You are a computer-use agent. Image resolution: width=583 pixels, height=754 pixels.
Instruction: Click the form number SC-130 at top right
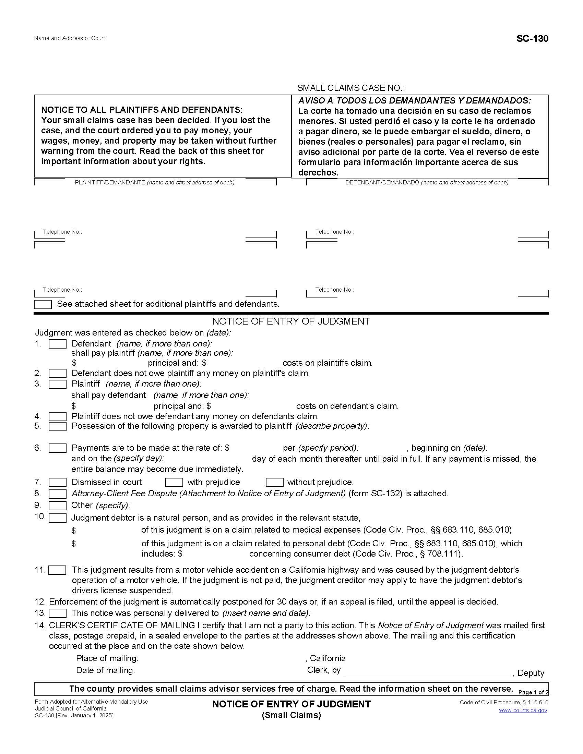tap(532, 38)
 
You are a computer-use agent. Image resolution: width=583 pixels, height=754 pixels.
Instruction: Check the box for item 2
tap(57, 374)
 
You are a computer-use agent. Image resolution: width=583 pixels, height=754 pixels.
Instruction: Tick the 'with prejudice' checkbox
tap(174, 482)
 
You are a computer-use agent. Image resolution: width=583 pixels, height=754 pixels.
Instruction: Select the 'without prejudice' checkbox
tap(274, 482)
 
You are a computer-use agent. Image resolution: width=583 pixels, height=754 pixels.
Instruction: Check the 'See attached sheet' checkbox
tap(43, 304)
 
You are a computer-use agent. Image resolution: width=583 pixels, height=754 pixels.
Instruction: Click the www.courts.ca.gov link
tap(523, 710)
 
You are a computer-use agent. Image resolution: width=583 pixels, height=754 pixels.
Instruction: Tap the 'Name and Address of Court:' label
tap(70, 38)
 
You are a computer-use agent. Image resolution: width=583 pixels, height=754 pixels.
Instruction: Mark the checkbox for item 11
tap(57, 570)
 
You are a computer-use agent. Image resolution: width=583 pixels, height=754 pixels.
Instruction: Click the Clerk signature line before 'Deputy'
tap(427, 671)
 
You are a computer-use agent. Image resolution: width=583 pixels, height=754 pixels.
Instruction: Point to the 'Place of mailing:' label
tap(107, 658)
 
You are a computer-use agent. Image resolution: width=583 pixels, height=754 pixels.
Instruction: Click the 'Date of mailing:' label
tap(105, 670)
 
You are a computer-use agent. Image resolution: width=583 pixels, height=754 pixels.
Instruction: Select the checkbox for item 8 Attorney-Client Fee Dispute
tap(57, 494)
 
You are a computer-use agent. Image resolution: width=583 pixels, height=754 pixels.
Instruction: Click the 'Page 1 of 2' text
tap(533, 692)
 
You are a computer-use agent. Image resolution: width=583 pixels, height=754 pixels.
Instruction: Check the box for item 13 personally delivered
tap(57, 613)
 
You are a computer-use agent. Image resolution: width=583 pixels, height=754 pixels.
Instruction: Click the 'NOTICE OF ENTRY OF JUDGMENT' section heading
tap(291, 321)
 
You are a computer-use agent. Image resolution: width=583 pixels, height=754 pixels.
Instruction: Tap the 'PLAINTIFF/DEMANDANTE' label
tap(110, 182)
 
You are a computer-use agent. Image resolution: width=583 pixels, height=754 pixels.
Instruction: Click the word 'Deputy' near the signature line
tap(531, 673)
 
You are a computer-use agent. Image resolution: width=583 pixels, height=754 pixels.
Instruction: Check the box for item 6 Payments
tap(57, 448)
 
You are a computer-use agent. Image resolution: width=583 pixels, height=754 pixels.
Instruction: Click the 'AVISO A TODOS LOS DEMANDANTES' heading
tap(415, 100)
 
